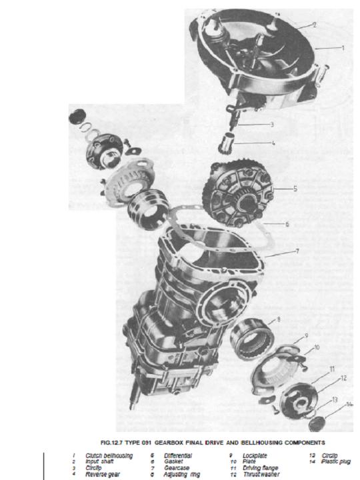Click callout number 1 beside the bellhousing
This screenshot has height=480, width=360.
343,48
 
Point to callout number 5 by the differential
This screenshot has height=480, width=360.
295,189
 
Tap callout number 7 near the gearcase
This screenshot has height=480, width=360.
297,251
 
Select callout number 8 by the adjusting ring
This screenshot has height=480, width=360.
278,319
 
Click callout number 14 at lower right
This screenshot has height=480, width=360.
349,404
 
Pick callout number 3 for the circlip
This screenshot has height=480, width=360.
272,124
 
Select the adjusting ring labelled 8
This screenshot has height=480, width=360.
251,337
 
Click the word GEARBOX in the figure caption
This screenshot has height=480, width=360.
169,443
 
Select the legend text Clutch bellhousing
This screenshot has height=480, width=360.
109,456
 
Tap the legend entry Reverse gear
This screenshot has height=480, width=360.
103,475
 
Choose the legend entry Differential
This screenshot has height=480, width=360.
178,456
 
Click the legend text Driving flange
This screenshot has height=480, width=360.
260,468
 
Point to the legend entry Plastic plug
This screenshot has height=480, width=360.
336,461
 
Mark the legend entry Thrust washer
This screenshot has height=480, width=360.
261,475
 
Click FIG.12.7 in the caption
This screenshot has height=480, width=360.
111,443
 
